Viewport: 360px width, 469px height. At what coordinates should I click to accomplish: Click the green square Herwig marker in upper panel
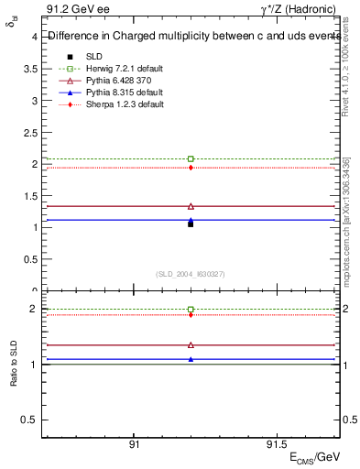pos(191,159)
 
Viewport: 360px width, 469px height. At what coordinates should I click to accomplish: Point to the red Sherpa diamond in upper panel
pos(191,168)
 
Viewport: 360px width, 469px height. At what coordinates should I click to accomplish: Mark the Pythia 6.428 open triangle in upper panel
pos(191,206)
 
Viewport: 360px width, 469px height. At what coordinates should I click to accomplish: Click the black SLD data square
pos(191,224)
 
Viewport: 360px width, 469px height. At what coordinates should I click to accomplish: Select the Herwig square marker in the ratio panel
pos(191,310)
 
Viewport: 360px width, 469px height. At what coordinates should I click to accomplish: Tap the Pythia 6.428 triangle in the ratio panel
pos(191,345)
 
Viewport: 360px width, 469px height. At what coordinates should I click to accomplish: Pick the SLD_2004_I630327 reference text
pos(191,274)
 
